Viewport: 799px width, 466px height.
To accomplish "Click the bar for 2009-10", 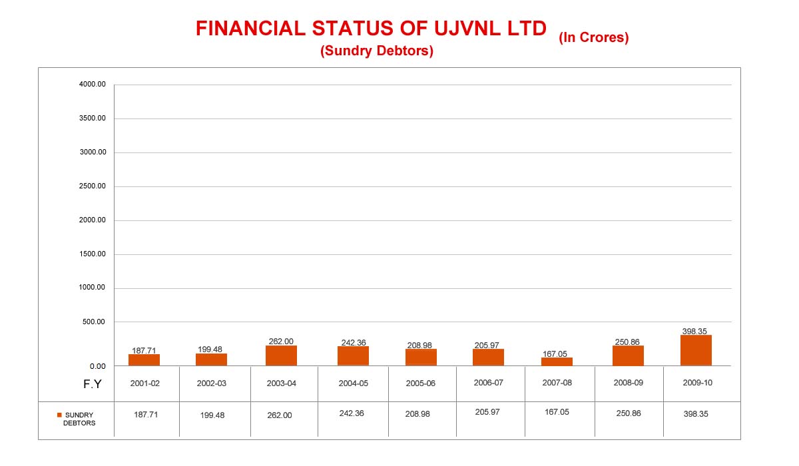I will [x=696, y=350].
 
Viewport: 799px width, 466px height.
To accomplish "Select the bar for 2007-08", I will [x=557, y=361].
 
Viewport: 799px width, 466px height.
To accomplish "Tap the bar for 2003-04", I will [x=281, y=355].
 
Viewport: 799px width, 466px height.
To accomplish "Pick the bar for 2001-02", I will [x=144, y=359].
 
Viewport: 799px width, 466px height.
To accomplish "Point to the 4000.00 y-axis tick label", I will [x=93, y=85].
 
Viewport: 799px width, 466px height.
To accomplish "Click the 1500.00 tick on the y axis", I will [x=93, y=254].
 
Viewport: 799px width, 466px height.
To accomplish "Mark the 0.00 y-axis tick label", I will [x=98, y=366].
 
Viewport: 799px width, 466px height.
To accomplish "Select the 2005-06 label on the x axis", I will [x=421, y=383].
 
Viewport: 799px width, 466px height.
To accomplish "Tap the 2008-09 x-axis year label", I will [x=628, y=383].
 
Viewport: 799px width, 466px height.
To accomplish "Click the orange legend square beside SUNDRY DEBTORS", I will [x=59, y=415].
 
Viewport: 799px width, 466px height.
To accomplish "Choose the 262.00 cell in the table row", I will [x=280, y=415].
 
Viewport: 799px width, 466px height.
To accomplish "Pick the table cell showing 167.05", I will [x=557, y=412].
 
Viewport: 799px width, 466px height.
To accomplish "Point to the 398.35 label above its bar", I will [x=694, y=331].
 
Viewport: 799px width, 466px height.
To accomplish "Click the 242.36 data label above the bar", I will [x=352, y=343].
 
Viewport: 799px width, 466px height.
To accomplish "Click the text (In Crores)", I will [x=594, y=38].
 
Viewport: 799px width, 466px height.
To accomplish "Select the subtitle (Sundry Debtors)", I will [x=377, y=51].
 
